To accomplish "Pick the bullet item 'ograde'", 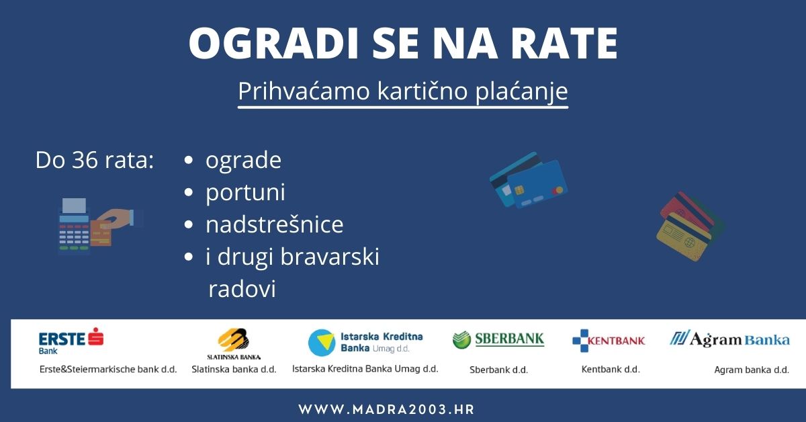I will [x=243, y=161].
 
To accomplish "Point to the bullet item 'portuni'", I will [x=245, y=192].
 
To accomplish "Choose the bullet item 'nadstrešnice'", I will [x=274, y=224].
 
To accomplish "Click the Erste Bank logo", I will [x=71, y=339].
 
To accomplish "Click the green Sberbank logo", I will [x=498, y=339].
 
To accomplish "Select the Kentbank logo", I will [x=609, y=341].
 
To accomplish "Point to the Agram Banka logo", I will [x=729, y=339].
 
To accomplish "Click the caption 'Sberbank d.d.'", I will [x=498, y=370].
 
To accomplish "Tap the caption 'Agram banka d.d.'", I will [x=751, y=370].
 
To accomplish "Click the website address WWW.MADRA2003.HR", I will [x=386, y=409].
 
